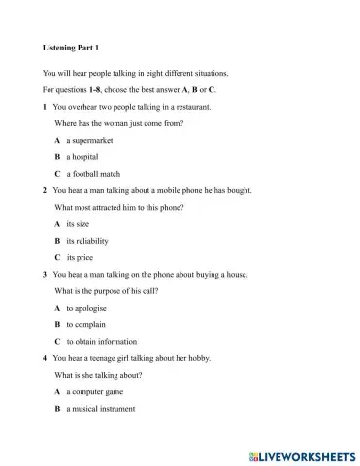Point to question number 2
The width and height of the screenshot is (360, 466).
[46, 190]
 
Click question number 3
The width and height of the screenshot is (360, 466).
[46, 274]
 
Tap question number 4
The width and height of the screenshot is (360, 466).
[46, 358]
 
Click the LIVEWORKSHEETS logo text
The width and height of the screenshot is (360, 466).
[303, 455]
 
